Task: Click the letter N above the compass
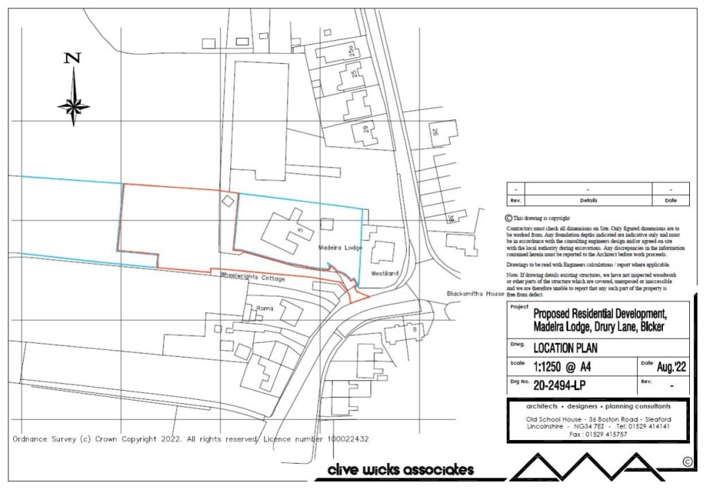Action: [x=73, y=59]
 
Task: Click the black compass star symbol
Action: [x=73, y=106]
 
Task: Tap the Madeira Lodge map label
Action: [x=341, y=247]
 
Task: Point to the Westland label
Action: [x=385, y=274]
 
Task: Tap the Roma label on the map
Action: [x=266, y=307]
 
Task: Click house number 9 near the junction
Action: [x=414, y=330]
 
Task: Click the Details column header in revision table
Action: [x=588, y=200]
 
